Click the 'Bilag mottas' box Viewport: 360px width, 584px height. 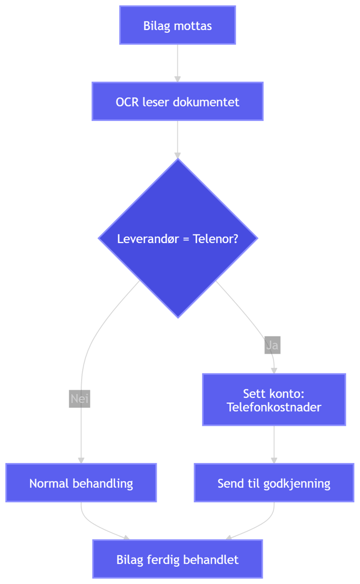[x=177, y=25]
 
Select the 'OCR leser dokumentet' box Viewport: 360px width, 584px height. [x=177, y=102]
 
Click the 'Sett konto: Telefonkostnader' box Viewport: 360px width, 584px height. [x=274, y=400]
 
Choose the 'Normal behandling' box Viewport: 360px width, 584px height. [x=81, y=483]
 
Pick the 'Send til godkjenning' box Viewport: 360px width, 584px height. [x=274, y=483]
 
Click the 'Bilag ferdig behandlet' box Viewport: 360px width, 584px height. [x=177, y=559]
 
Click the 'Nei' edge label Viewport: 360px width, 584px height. [x=80, y=399]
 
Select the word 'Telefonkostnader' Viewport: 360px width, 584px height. [x=274, y=407]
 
